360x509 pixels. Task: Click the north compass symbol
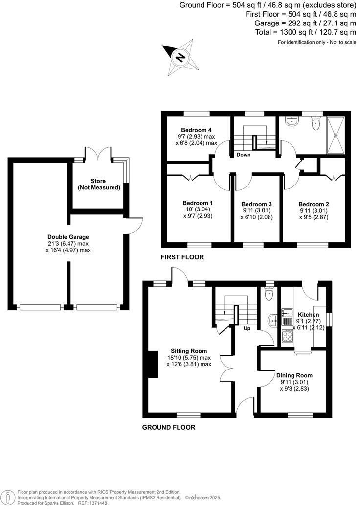(180, 58)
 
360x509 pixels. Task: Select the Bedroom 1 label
(198, 203)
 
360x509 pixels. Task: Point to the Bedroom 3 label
(257, 204)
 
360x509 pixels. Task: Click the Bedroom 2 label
(314, 204)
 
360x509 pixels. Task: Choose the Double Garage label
(68, 237)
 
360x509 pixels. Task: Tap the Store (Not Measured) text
(99, 184)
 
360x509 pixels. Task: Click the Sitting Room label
(188, 351)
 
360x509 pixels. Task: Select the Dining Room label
(294, 375)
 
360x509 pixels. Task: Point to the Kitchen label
(309, 314)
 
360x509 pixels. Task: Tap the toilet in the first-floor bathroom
(315, 125)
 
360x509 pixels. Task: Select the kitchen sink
(287, 313)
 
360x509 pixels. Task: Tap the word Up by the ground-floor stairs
(247, 328)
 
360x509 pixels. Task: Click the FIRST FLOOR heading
(182, 257)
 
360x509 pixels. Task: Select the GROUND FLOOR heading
(169, 427)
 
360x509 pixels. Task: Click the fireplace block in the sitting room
(153, 365)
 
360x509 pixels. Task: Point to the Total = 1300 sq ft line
(305, 32)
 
